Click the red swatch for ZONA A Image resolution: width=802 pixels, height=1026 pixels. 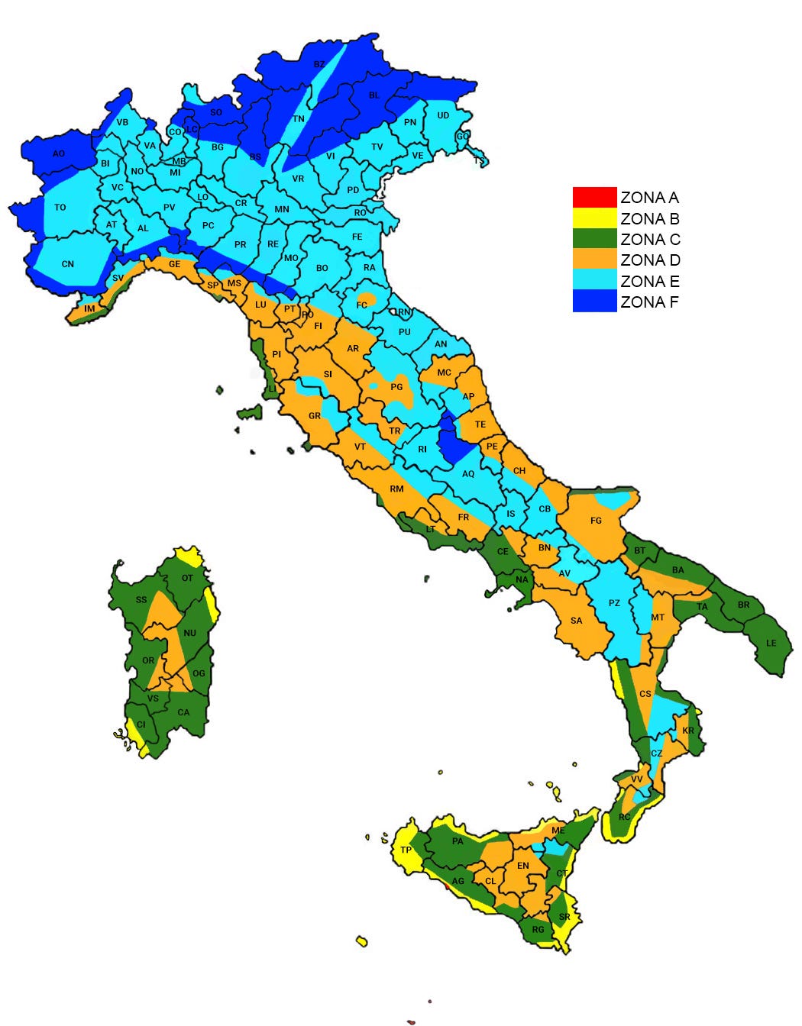(x=594, y=198)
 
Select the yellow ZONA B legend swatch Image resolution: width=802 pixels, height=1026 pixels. (x=594, y=218)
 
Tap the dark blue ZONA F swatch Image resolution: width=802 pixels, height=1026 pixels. (x=594, y=302)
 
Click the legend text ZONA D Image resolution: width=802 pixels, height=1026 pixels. (x=650, y=260)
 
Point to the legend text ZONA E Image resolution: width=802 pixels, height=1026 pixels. (x=650, y=282)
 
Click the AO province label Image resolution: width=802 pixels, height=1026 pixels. (x=59, y=153)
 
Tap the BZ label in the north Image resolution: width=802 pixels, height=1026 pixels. (x=319, y=65)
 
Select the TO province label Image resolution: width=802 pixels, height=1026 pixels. (x=60, y=208)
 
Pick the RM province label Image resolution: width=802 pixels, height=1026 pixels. (x=396, y=489)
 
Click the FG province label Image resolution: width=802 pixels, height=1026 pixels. (x=596, y=521)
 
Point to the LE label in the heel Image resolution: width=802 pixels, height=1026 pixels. (x=771, y=643)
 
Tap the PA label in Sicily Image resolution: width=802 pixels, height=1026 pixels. (x=458, y=841)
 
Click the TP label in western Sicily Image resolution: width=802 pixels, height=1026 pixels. (x=406, y=850)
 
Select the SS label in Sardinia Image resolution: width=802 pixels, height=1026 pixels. (x=141, y=600)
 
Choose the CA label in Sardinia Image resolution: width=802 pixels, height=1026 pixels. (x=183, y=712)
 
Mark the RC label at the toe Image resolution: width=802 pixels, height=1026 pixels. (x=624, y=817)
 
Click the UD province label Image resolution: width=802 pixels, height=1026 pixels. (x=443, y=116)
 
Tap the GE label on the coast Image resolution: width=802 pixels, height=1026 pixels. (x=175, y=264)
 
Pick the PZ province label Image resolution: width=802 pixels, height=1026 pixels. (x=614, y=603)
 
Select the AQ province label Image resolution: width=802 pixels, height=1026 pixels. (x=468, y=474)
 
